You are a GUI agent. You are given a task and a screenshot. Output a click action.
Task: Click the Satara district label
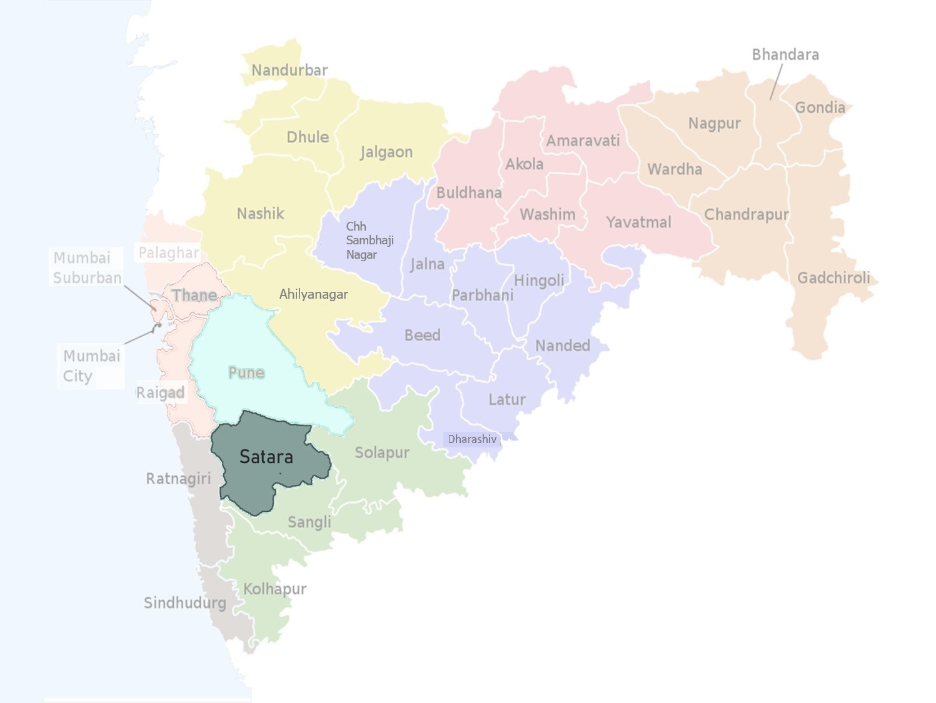[x=266, y=457]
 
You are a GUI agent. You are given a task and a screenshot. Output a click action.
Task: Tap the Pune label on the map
[x=246, y=372]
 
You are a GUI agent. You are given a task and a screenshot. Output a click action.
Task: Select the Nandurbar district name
[x=289, y=70]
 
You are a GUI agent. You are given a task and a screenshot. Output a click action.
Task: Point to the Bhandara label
[x=785, y=55]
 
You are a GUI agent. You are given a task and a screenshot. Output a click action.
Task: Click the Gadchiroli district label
[x=833, y=277]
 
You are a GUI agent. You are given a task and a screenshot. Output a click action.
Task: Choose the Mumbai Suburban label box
[x=87, y=267]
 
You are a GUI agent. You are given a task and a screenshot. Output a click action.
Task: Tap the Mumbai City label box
[x=91, y=366]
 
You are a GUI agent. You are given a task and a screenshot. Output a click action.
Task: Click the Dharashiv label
[x=472, y=439]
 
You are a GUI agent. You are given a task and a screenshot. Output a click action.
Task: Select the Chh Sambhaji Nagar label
[x=370, y=240]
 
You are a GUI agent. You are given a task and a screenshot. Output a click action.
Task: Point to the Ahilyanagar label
[x=313, y=294]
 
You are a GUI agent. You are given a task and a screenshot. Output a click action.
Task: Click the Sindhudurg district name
[x=185, y=603]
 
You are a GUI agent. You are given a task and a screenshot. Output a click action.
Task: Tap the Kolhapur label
[x=275, y=589]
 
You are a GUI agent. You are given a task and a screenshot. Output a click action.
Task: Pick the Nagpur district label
[x=715, y=124]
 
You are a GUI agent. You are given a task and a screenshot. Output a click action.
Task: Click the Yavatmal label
[x=638, y=222]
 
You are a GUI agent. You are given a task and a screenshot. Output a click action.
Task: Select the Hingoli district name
[x=539, y=281]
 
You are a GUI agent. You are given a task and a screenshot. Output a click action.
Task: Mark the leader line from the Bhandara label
[x=776, y=82]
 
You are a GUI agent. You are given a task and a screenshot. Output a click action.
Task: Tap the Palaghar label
[x=169, y=252]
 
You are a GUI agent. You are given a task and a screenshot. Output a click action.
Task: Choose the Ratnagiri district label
[x=178, y=479]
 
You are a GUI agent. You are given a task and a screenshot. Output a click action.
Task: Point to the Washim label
[x=548, y=214]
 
